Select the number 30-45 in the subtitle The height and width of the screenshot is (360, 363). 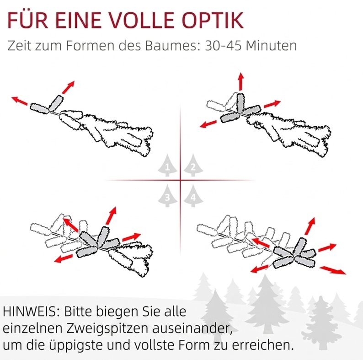(223, 45)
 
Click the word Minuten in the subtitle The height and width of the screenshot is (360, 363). (271, 45)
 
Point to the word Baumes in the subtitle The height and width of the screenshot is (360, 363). (173, 45)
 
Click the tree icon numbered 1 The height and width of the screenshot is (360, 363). (167, 166)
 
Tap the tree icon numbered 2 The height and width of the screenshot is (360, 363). (193, 166)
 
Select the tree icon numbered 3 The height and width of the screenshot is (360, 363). (167, 196)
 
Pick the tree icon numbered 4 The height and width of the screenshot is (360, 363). (193, 196)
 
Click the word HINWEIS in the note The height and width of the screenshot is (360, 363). (32, 312)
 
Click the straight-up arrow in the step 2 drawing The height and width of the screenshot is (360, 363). (241, 81)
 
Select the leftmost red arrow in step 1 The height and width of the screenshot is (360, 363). (20, 101)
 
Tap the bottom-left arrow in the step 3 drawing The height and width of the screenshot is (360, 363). (63, 258)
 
